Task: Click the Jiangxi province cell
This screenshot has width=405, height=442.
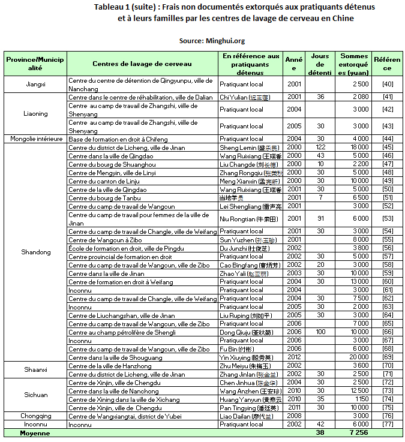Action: click(35, 85)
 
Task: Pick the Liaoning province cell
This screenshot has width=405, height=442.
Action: click(35, 113)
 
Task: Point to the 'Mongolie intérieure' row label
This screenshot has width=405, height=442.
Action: click(35, 139)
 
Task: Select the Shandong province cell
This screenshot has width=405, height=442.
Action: click(35, 252)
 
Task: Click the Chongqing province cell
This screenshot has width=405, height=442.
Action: click(35, 416)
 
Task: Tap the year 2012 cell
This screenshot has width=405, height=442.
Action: click(294, 357)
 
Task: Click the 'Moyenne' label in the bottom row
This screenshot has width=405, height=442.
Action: click(35, 432)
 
